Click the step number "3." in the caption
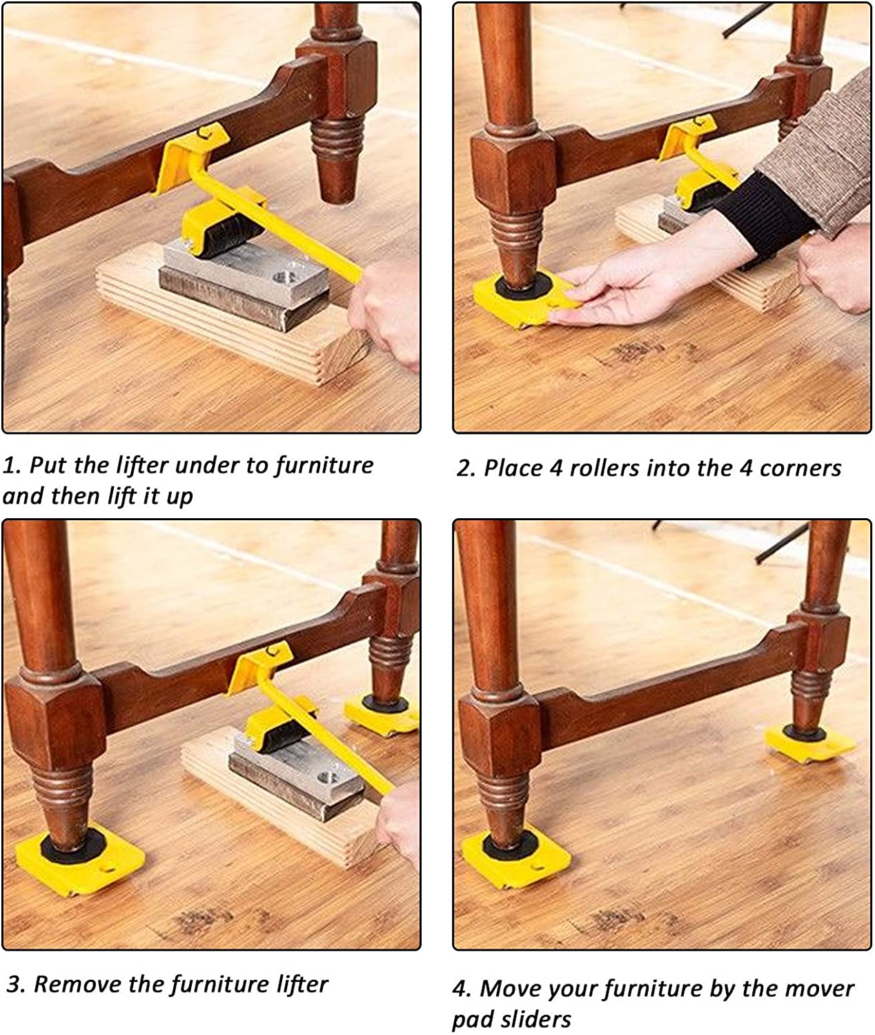tap(16, 985)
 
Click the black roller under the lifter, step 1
tap(234, 240)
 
